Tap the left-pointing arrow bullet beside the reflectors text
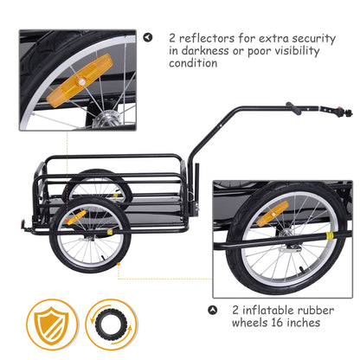pyautogui.click(x=147, y=38)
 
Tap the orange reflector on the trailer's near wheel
pyautogui.click(x=75, y=215)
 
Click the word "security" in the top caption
pyautogui.click(x=312, y=38)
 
